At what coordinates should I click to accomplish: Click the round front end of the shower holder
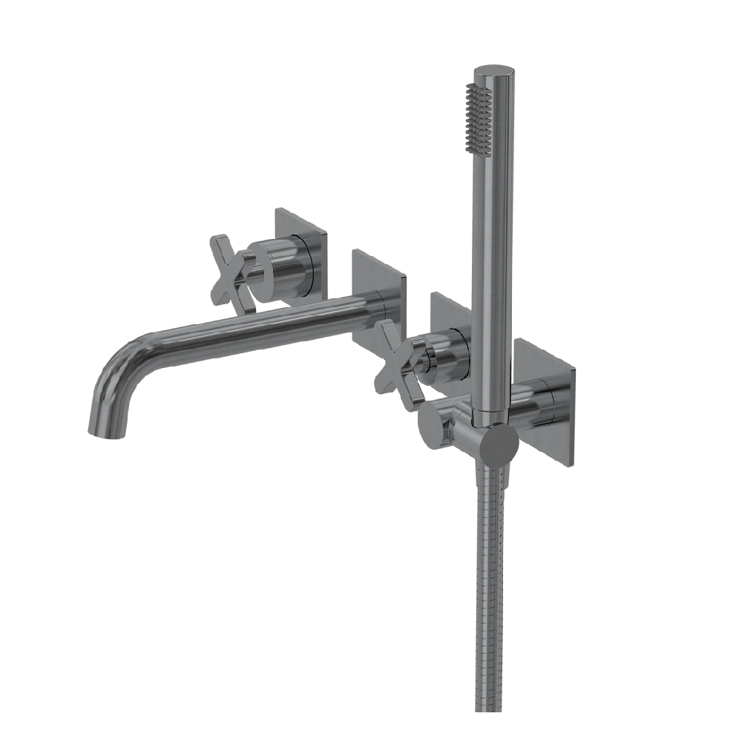[497, 445]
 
